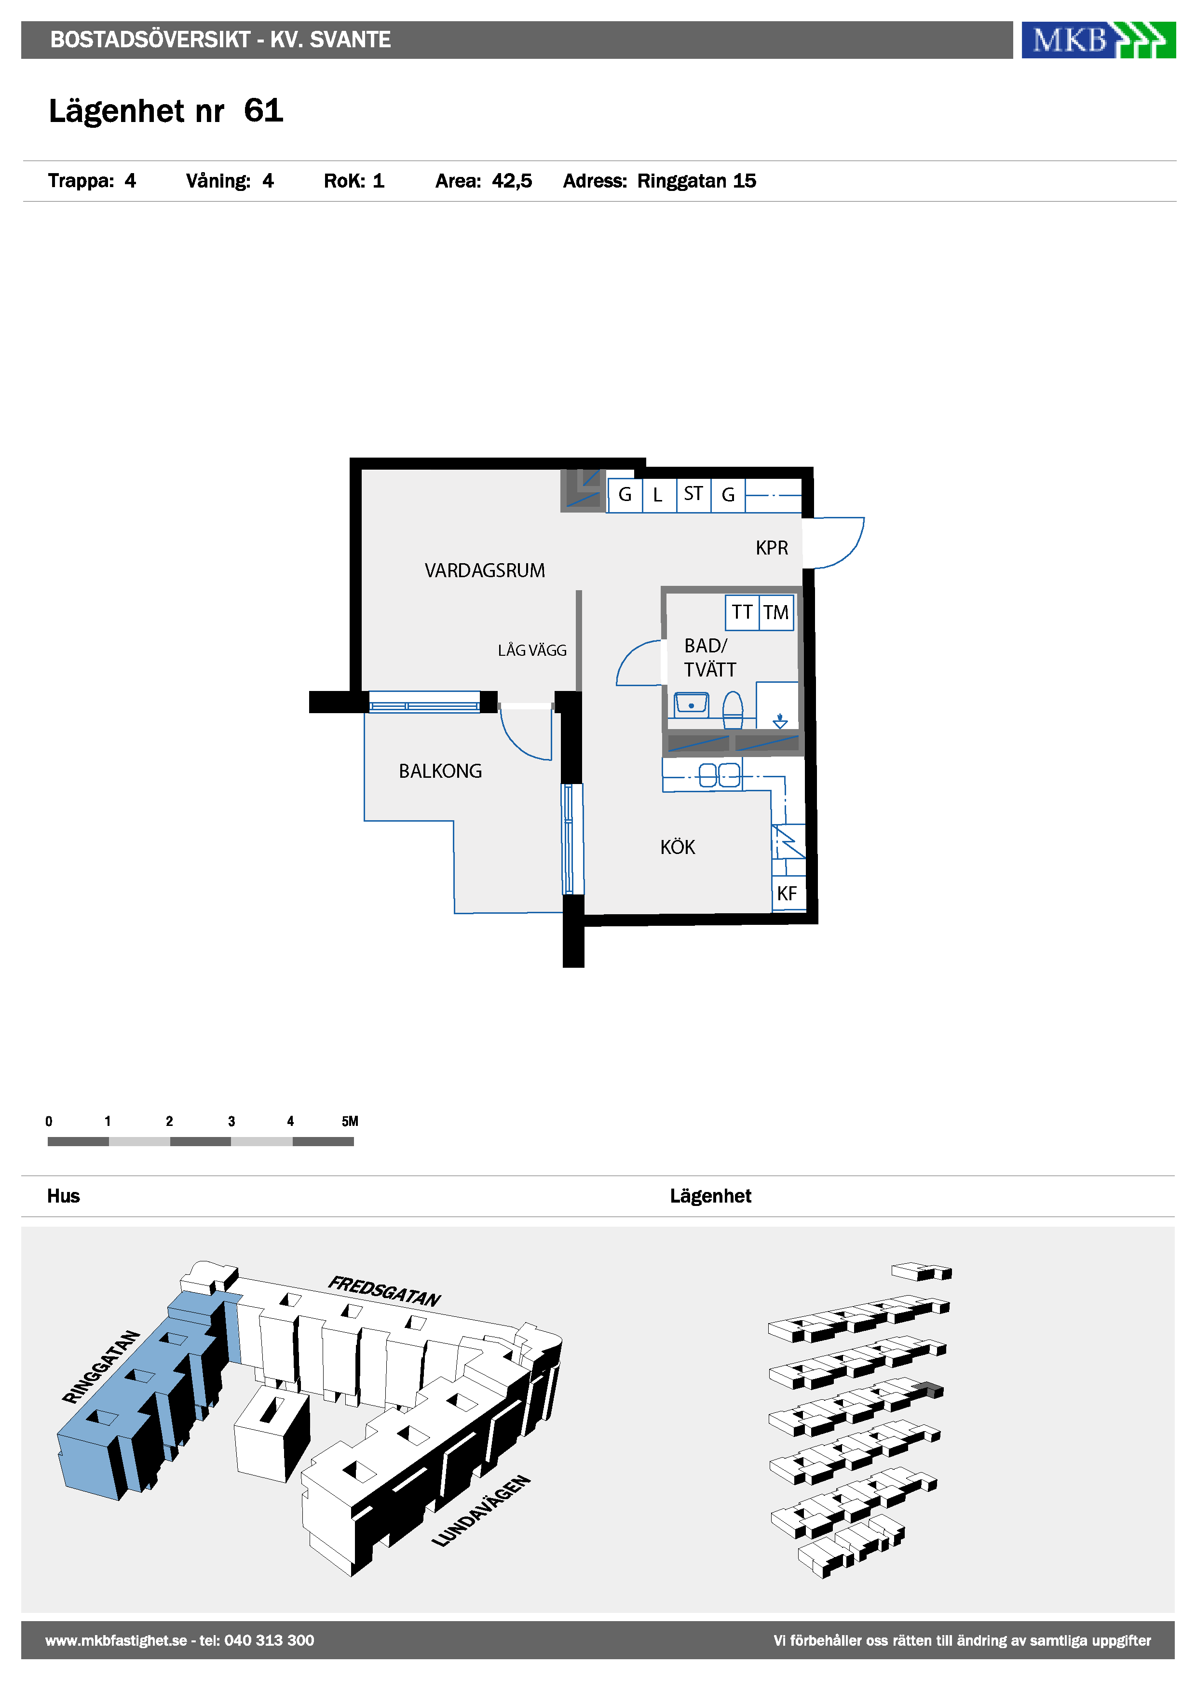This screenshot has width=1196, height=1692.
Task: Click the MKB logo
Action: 1098,40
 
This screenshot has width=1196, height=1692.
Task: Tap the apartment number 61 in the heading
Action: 263,110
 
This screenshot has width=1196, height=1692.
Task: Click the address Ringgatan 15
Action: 696,181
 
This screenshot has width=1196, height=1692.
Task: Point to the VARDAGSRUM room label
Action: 484,570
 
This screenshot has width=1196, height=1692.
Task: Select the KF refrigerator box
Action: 788,893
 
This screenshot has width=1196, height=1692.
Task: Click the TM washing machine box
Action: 776,612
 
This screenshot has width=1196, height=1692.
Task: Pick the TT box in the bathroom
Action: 742,612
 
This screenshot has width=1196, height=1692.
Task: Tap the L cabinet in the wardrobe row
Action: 659,494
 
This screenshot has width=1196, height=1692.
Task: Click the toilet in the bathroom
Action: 733,710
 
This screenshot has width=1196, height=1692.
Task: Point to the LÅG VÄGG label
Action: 532,650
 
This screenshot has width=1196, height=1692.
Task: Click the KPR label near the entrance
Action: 772,548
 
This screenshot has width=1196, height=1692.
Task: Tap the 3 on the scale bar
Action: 231,1121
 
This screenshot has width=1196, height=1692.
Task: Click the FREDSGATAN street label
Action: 384,1291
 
